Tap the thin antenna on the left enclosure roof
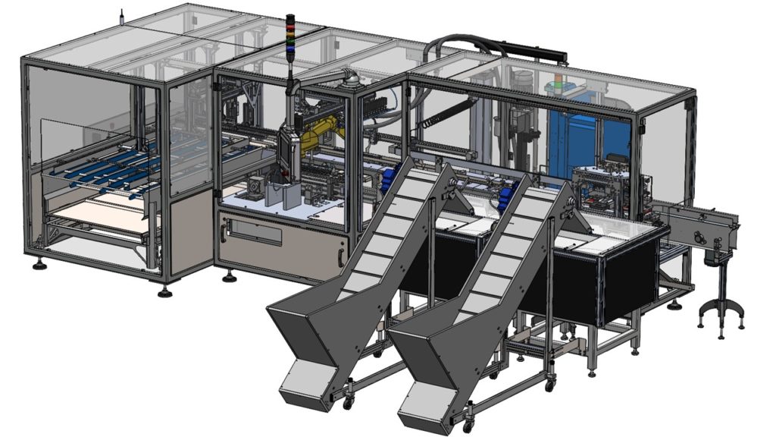pyautogui.click(x=121, y=17)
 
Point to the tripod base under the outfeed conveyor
pyautogui.click(x=721, y=312)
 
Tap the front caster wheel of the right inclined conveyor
pyautogui.click(x=468, y=426)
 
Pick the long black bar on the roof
pyautogui.click(x=534, y=52)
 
